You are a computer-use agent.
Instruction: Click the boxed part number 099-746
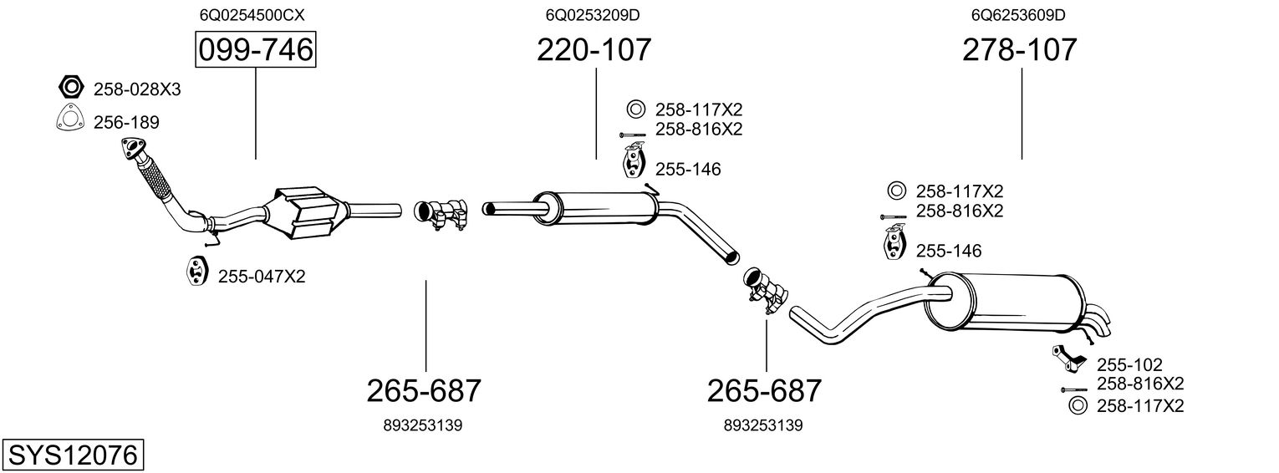pos(255,49)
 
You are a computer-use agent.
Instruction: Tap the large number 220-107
pos(594,49)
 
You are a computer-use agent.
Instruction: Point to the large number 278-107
pos(1020,49)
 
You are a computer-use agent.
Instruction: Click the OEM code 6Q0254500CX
pos(252,15)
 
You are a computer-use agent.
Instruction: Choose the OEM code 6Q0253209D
pos(593,15)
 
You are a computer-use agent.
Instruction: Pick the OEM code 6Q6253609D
pos(1019,15)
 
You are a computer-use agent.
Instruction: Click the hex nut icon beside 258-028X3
pos(71,87)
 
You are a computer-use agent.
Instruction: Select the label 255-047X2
pos(262,277)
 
